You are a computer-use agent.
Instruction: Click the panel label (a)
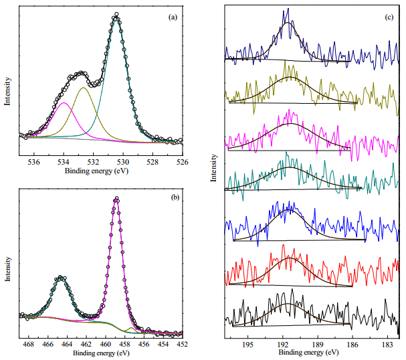coord(173,17)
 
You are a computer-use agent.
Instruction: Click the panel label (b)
coord(175,197)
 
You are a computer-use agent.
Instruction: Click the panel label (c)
coord(389,17)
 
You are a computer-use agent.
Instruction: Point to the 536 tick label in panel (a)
coord(34,163)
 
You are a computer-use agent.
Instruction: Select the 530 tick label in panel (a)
coord(123,163)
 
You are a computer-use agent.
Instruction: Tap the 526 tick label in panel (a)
coord(183,163)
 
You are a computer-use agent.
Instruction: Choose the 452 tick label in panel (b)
coord(182,344)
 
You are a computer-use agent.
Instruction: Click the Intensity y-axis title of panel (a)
coord(7,91)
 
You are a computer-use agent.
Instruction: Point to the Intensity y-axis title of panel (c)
coord(213,168)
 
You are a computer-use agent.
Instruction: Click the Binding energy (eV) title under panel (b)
coord(101,353)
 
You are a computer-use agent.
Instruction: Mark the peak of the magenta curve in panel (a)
coord(64,102)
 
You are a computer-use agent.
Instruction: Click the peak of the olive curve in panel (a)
coord(83,88)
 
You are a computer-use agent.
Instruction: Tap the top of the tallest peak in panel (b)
coord(116,198)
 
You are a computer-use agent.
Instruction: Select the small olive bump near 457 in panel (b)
coord(131,328)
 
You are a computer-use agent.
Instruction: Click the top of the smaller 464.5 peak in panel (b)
coord(60,278)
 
